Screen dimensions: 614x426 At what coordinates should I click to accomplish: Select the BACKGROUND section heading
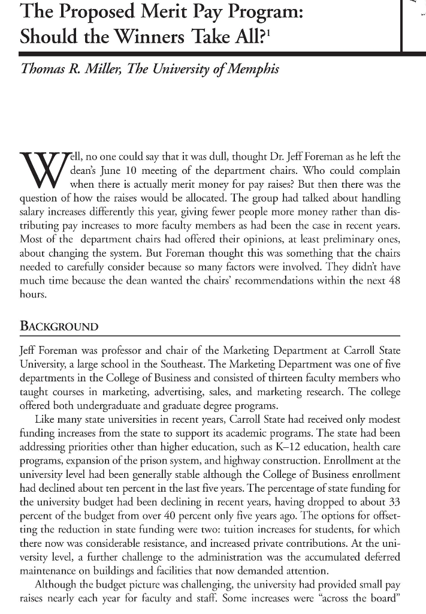tap(59, 327)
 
